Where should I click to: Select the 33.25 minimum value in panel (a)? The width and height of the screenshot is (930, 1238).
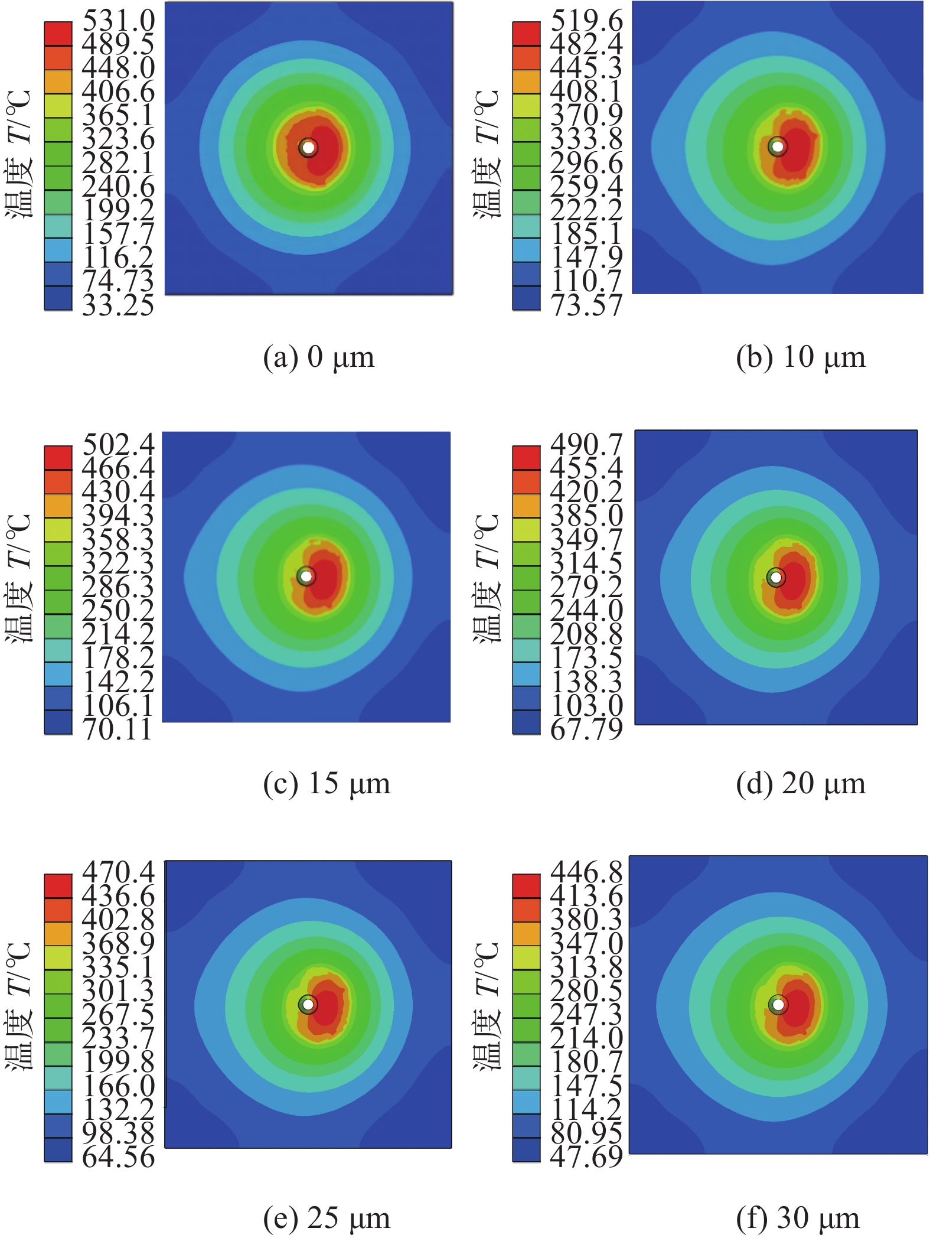[x=118, y=305]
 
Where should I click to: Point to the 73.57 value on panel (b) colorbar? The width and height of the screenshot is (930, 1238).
[x=586, y=305]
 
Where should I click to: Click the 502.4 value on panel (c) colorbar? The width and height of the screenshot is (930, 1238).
[x=118, y=444]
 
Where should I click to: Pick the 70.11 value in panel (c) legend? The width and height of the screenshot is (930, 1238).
[x=118, y=729]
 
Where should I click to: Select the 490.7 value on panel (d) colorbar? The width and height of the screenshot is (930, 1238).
[x=586, y=444]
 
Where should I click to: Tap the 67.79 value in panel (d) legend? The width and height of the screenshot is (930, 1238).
[x=586, y=729]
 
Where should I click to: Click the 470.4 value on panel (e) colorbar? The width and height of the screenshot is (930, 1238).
[x=118, y=872]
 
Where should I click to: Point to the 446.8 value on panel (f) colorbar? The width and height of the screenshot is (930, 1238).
[x=586, y=872]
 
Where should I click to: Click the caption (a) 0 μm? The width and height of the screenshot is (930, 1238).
[x=319, y=357]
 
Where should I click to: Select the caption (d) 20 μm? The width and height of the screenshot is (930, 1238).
[x=801, y=784]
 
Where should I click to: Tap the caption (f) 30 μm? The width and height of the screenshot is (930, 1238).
[x=798, y=1218]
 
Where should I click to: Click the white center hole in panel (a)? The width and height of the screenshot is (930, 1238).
[x=308, y=147]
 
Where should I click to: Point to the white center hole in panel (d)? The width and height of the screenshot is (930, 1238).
[x=776, y=577]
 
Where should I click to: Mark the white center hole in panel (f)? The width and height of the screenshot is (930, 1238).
[x=778, y=1004]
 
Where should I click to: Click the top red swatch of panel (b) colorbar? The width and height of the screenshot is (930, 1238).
[x=526, y=34]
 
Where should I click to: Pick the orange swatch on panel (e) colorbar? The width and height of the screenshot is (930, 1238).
[x=58, y=934]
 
